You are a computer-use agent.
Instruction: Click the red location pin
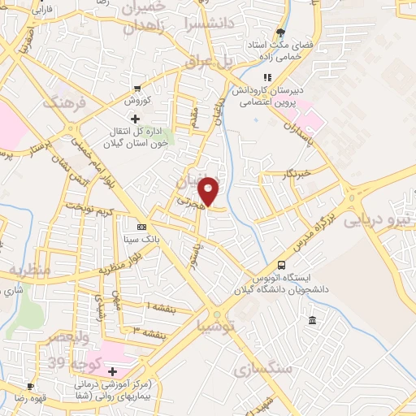tap(210, 190)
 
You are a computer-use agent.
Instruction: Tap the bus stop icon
tap(282, 265)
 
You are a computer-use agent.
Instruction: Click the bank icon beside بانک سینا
tap(142, 227)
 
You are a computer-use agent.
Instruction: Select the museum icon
tap(314, 323)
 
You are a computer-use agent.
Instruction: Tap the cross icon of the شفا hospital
tap(113, 370)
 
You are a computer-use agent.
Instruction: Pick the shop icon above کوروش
tap(139, 89)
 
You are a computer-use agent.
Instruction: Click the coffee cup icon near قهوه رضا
tap(30, 386)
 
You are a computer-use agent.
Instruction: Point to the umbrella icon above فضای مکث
tap(281, 33)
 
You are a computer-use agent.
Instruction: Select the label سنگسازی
tap(262, 371)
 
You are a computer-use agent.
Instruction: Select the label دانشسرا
tap(210, 23)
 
